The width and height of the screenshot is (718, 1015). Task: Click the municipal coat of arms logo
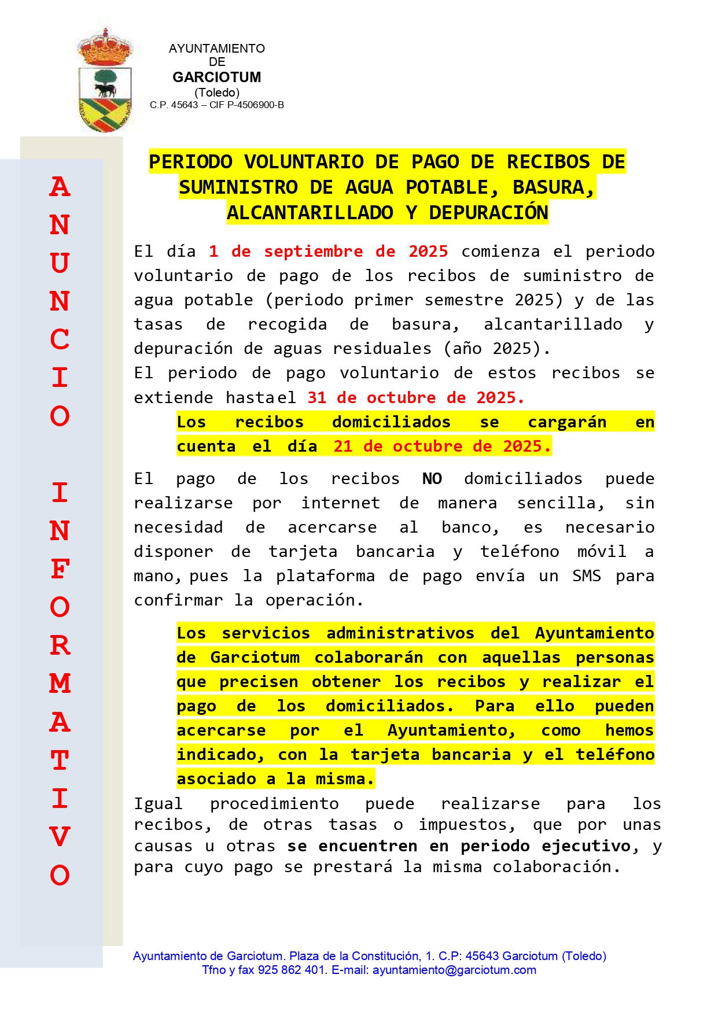(x=105, y=81)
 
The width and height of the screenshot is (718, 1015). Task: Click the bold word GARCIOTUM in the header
(x=216, y=77)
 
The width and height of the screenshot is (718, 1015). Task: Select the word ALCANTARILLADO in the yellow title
(x=310, y=213)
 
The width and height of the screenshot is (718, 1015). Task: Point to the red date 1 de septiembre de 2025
(x=328, y=252)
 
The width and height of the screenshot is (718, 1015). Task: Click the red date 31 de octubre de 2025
(x=415, y=398)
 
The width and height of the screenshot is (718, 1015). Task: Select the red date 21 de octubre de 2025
(x=441, y=446)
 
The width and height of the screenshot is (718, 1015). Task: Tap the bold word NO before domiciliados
(x=432, y=479)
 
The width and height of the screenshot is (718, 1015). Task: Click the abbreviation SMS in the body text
(x=586, y=576)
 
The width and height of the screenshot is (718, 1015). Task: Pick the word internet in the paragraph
(x=340, y=503)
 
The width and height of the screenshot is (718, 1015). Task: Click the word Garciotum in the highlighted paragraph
(x=255, y=658)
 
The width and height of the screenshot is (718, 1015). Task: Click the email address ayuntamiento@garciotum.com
(x=454, y=970)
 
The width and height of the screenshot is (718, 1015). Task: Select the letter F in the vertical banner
(x=60, y=569)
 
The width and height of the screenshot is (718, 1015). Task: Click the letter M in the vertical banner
(x=60, y=684)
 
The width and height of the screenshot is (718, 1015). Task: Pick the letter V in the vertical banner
(x=60, y=837)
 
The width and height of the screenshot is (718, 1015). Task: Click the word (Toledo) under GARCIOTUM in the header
(x=217, y=93)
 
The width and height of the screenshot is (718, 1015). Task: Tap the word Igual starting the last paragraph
(x=158, y=804)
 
